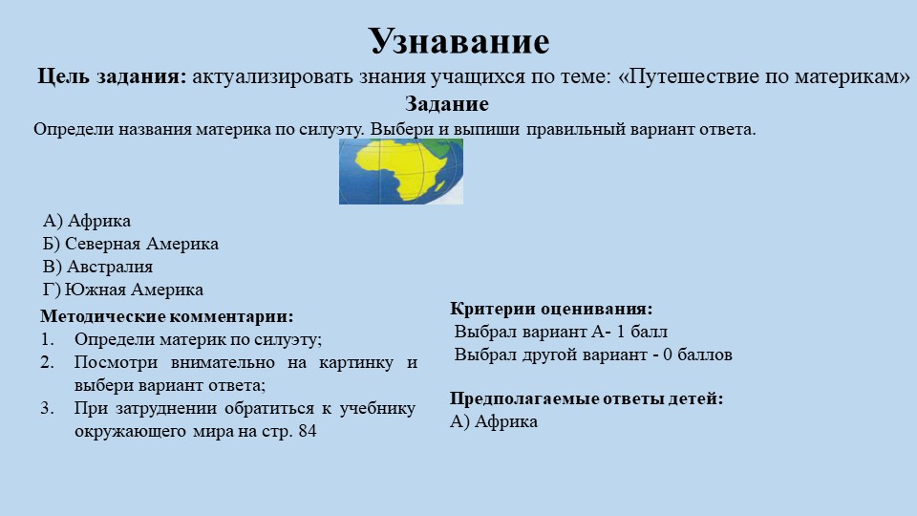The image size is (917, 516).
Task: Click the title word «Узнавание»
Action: [458, 41]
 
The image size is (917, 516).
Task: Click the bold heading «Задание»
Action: [447, 104]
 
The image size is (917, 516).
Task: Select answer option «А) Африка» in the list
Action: [87, 222]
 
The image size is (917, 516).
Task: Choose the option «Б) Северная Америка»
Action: [131, 244]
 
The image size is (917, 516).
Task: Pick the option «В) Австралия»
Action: [97, 267]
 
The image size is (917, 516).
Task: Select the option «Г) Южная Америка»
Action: [123, 290]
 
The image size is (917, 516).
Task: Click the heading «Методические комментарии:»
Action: [167, 316]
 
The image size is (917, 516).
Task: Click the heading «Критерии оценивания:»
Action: [551, 309]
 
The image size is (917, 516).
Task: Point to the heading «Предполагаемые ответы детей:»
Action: [586, 398]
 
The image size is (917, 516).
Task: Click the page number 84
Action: [307, 432]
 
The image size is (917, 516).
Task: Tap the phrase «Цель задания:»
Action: [112, 77]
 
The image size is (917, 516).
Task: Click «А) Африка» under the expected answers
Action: [494, 421]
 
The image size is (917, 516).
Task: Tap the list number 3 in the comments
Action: [46, 409]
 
